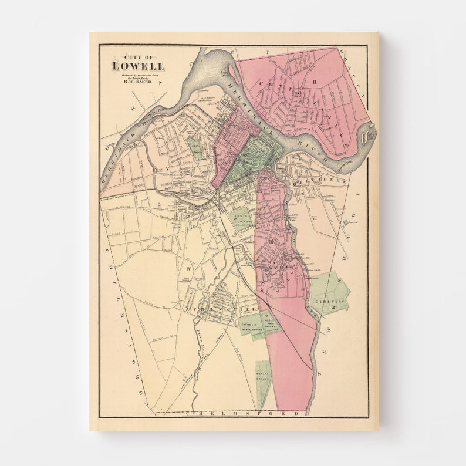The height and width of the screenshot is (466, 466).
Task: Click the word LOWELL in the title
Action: point(139,66)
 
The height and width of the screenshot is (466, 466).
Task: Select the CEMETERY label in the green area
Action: point(327,302)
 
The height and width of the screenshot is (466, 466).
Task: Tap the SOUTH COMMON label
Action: point(242,218)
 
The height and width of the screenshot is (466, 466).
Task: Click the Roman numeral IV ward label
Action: point(188,269)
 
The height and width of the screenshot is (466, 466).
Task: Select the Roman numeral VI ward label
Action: point(315,218)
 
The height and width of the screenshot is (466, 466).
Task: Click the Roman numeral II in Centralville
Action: point(314,82)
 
